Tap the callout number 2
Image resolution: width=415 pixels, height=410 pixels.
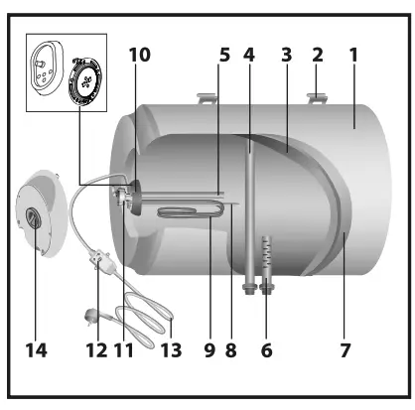coord(318,56)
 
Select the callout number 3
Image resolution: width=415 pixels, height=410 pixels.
coord(286,56)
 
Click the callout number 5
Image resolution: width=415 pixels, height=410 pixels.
coord(224,56)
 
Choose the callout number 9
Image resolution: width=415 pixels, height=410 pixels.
coord(208,348)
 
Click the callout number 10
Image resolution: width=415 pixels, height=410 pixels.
coord(139,56)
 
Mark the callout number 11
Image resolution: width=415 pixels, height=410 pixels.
coord(123,348)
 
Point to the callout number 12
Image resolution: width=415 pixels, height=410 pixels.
coord(95,348)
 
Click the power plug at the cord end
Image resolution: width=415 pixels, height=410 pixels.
coord(86,317)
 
